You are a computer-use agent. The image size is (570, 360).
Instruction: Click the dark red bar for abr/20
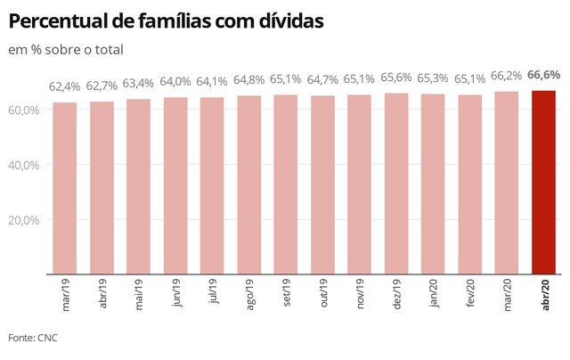(543, 183)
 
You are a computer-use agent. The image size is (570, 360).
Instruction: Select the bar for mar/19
(64, 188)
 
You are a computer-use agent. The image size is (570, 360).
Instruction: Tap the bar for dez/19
(396, 184)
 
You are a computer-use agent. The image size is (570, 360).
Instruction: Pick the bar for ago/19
(248, 184)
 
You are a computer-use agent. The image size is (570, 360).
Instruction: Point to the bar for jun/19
(175, 185)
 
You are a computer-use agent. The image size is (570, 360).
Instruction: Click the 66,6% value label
(542, 75)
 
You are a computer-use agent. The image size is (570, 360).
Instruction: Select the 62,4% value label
(65, 86)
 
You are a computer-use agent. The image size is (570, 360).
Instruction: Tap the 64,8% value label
(249, 80)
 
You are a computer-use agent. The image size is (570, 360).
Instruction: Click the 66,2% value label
(506, 77)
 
